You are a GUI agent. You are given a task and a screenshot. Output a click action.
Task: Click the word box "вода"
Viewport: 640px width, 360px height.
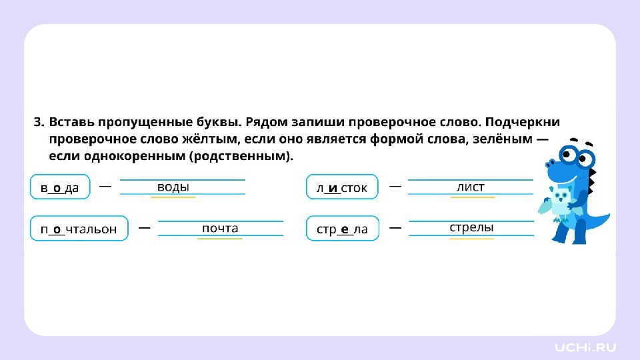(60, 187)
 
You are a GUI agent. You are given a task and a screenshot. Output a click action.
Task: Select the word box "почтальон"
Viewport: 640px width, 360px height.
(79, 229)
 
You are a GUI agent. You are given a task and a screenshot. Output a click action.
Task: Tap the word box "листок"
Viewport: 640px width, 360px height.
(341, 187)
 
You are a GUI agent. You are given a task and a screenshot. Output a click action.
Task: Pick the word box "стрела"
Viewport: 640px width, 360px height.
(342, 229)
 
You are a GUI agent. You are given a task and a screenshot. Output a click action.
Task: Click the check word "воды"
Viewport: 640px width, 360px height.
(173, 187)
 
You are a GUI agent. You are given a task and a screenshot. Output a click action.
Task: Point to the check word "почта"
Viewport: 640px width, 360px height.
(220, 228)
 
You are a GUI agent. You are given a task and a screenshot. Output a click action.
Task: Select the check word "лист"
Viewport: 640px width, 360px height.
(471, 187)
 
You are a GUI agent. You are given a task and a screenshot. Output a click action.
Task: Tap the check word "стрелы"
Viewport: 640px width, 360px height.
(471, 227)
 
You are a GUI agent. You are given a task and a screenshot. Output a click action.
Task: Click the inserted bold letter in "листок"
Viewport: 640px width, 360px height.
(332, 188)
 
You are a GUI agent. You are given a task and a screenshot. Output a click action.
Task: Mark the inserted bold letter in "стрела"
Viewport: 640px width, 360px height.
(345, 229)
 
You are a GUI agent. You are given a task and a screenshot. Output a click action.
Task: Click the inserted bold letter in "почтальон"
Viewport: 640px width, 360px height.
(57, 229)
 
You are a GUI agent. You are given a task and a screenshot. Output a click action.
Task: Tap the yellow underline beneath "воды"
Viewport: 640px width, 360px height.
(173, 197)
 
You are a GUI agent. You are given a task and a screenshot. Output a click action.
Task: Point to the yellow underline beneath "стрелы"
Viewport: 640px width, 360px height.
(471, 238)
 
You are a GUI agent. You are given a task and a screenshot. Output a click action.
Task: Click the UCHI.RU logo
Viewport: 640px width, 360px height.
(586, 347)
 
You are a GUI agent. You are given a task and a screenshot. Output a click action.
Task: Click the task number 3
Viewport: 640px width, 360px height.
(38, 123)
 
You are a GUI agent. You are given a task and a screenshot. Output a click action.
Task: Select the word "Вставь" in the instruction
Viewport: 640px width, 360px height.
(71, 123)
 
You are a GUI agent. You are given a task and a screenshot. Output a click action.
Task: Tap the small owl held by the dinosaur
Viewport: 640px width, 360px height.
(561, 200)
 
